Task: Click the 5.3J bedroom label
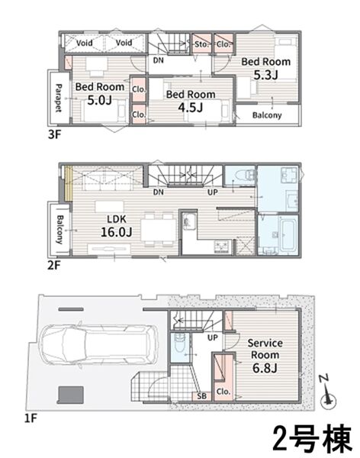pyautogui.click(x=265, y=69)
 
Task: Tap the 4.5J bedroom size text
pyautogui.click(x=191, y=108)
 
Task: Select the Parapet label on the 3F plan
pyautogui.click(x=59, y=98)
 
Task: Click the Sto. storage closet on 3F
pyautogui.click(x=201, y=44)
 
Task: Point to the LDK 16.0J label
pyautogui.click(x=117, y=225)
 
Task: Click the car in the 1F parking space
pyautogui.click(x=99, y=344)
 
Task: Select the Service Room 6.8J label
pyautogui.click(x=265, y=356)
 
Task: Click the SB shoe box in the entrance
pyautogui.click(x=201, y=396)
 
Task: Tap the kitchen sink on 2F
pyautogui.click(x=189, y=221)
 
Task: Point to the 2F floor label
pyautogui.click(x=54, y=266)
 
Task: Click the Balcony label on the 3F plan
pyautogui.click(x=267, y=115)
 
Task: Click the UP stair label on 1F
pyautogui.click(x=213, y=337)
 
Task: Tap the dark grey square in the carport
pyautogui.click(x=71, y=395)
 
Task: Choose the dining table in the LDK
pyautogui.click(x=159, y=230)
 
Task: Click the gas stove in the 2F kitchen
pyautogui.click(x=223, y=247)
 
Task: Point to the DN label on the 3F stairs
pyautogui.click(x=158, y=60)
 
